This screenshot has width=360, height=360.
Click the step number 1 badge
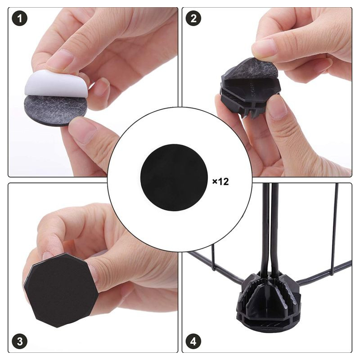19,18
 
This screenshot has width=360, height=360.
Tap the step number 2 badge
193,18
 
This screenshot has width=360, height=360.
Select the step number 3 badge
20,341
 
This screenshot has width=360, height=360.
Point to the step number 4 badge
193,341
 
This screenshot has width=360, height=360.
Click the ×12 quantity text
220,182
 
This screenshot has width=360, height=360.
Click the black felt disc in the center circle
174,177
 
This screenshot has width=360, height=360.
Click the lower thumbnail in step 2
277,108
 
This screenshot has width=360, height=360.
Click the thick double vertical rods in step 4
271,229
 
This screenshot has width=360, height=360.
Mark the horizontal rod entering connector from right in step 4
324,273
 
